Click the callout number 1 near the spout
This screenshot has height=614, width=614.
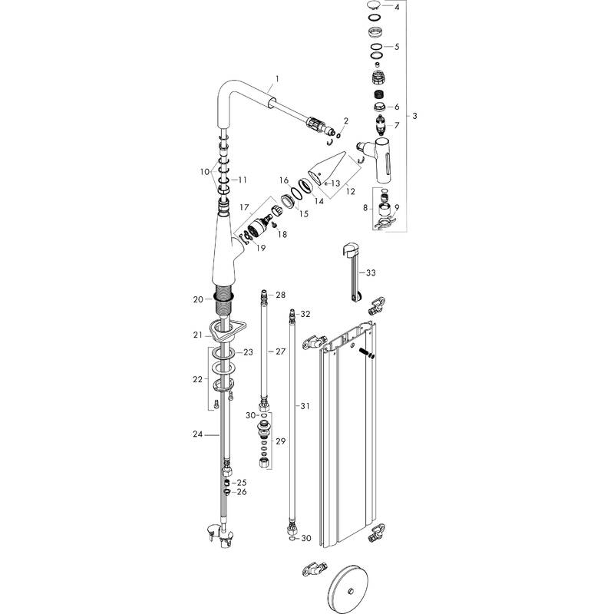pyautogui.click(x=277, y=80)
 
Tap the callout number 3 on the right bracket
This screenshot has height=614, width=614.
pyautogui.click(x=414, y=116)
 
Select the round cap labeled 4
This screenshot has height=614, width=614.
pyautogui.click(x=374, y=7)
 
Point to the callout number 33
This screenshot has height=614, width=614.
pyautogui.click(x=371, y=272)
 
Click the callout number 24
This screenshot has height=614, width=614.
pyautogui.click(x=196, y=434)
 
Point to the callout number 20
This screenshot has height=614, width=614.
pyautogui.click(x=198, y=299)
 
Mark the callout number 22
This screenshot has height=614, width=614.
pyautogui.click(x=197, y=379)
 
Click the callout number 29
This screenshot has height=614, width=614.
pyautogui.click(x=280, y=442)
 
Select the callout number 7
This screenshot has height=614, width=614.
pyautogui.click(x=397, y=125)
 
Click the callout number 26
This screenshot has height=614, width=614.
pyautogui.click(x=241, y=492)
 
